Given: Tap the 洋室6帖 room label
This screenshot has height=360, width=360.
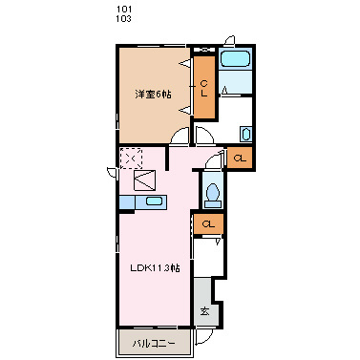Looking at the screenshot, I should coord(153,94).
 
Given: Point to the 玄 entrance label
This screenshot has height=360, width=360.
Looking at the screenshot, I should coord(204,311).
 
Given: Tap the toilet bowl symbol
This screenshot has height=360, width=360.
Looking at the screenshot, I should coord(213,194).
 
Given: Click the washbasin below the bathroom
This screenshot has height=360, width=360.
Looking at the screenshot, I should coord(245,134).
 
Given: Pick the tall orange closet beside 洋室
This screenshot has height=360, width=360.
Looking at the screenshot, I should coord(204,87).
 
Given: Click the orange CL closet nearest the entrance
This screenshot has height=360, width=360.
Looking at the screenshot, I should coord(206,224).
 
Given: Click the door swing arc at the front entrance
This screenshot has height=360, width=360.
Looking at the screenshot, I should coord(203,337).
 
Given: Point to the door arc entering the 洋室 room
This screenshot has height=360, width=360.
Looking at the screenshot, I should coord(180,139).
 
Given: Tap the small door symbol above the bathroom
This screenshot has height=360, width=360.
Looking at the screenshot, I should coord(229,40).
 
